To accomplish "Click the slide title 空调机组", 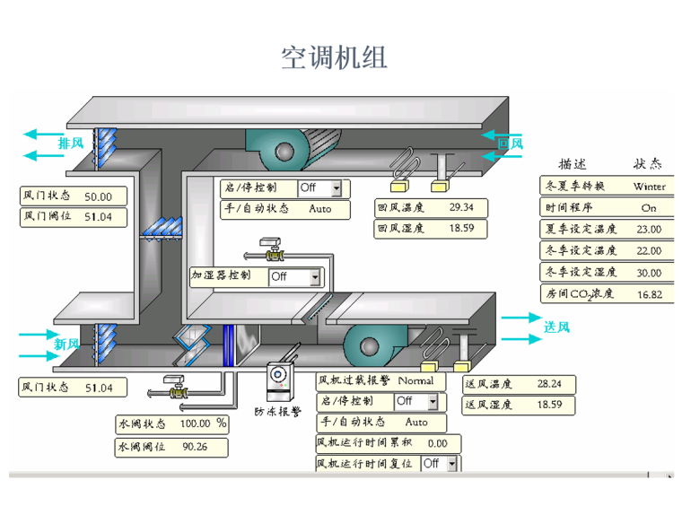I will click(x=335, y=58).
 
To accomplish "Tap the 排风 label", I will click(x=72, y=144).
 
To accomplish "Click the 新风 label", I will click(x=67, y=344).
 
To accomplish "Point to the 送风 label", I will click(x=556, y=327).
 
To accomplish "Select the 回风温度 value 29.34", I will click(x=462, y=208).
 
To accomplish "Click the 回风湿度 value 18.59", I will click(x=462, y=229).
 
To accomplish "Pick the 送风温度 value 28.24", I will click(x=549, y=384).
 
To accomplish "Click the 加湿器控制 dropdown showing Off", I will click(x=295, y=277).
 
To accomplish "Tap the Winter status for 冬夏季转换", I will click(x=649, y=187).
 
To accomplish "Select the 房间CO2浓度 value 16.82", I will click(x=649, y=293).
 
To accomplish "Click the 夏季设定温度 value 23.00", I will click(x=649, y=230).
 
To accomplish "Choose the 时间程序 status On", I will click(x=649, y=208).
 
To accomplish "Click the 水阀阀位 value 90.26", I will click(x=195, y=447).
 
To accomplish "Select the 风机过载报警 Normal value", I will click(x=415, y=380).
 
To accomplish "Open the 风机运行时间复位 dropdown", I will click(x=440, y=464).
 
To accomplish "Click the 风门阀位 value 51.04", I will click(x=99, y=217).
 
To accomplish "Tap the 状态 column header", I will click(x=648, y=165).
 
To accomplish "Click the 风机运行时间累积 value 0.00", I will click(x=437, y=443).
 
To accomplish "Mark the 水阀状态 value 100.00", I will click(x=195, y=423).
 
